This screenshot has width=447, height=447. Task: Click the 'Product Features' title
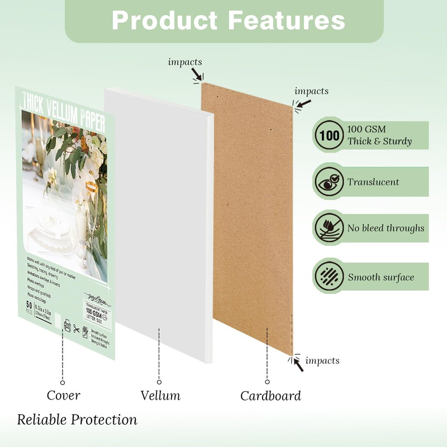coord(228,20)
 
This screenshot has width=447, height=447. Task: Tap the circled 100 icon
coord(329,135)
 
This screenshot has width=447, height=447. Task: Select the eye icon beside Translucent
coord(329,182)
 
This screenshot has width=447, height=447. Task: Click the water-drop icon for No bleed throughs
coord(329,228)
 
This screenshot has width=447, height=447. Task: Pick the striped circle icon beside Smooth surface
coord(329,276)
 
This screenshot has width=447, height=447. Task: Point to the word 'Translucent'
coord(373,182)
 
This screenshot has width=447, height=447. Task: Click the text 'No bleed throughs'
coord(386,228)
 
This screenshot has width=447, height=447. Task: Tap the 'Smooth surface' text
coord(381,277)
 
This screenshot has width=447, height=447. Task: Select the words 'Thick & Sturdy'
coord(379,141)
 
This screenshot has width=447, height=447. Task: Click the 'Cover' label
coord(63,396)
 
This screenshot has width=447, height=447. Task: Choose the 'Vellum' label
coord(160,396)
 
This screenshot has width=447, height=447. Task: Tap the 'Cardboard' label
coord(270,396)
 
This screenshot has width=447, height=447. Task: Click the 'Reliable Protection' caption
coord(77,420)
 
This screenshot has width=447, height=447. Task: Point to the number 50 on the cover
coord(29,305)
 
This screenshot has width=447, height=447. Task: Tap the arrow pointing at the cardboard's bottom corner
coord(299,365)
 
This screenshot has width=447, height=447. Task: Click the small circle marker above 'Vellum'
coord(159,382)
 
